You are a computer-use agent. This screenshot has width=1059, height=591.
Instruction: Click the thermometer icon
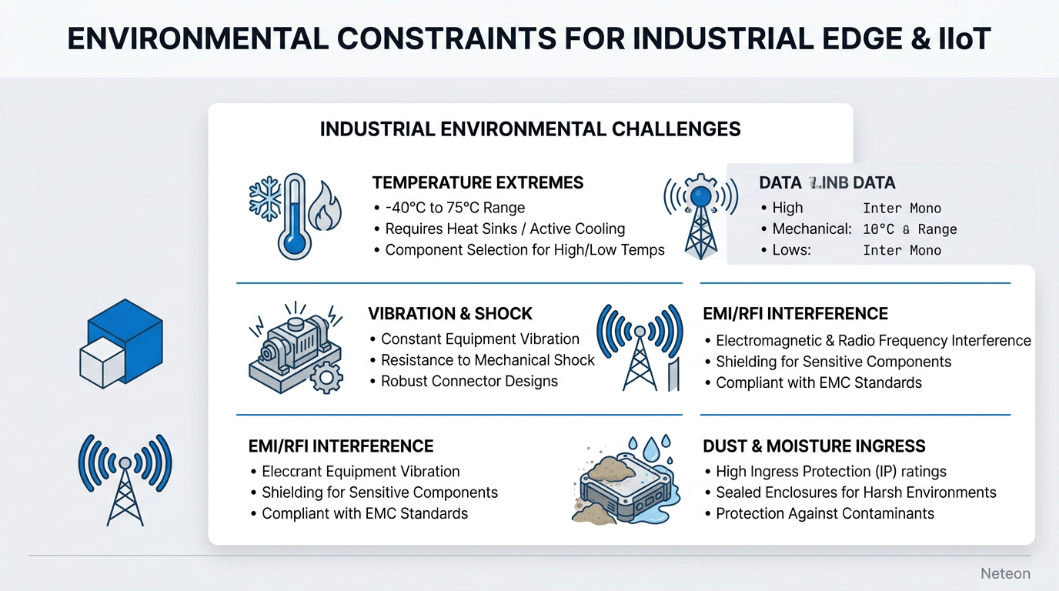click(294, 216)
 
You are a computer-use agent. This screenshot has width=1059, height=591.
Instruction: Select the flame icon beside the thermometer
click(323, 206)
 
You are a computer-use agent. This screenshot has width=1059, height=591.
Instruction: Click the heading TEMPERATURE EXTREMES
click(477, 183)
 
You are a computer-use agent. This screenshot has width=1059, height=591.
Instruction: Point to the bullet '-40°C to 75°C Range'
click(454, 208)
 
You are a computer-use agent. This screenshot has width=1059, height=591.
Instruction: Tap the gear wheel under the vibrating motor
click(326, 376)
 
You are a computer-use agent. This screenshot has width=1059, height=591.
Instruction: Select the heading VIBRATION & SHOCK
click(449, 314)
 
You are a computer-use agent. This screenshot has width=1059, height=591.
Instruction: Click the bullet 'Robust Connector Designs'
click(469, 382)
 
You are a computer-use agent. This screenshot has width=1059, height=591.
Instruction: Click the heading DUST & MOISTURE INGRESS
click(813, 446)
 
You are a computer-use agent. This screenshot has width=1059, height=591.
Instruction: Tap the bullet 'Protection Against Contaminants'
click(824, 514)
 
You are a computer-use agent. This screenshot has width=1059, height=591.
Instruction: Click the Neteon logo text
click(1005, 574)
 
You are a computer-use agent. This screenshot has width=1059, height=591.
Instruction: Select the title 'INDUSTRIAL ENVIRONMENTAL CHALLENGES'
click(529, 129)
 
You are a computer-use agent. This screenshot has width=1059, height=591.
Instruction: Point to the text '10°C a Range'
click(910, 229)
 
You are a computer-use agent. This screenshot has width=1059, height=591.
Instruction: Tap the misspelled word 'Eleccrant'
click(293, 472)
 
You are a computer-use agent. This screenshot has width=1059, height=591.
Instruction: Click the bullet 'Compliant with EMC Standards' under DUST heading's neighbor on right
click(818, 383)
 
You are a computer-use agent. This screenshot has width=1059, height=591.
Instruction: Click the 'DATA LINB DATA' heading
click(827, 183)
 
